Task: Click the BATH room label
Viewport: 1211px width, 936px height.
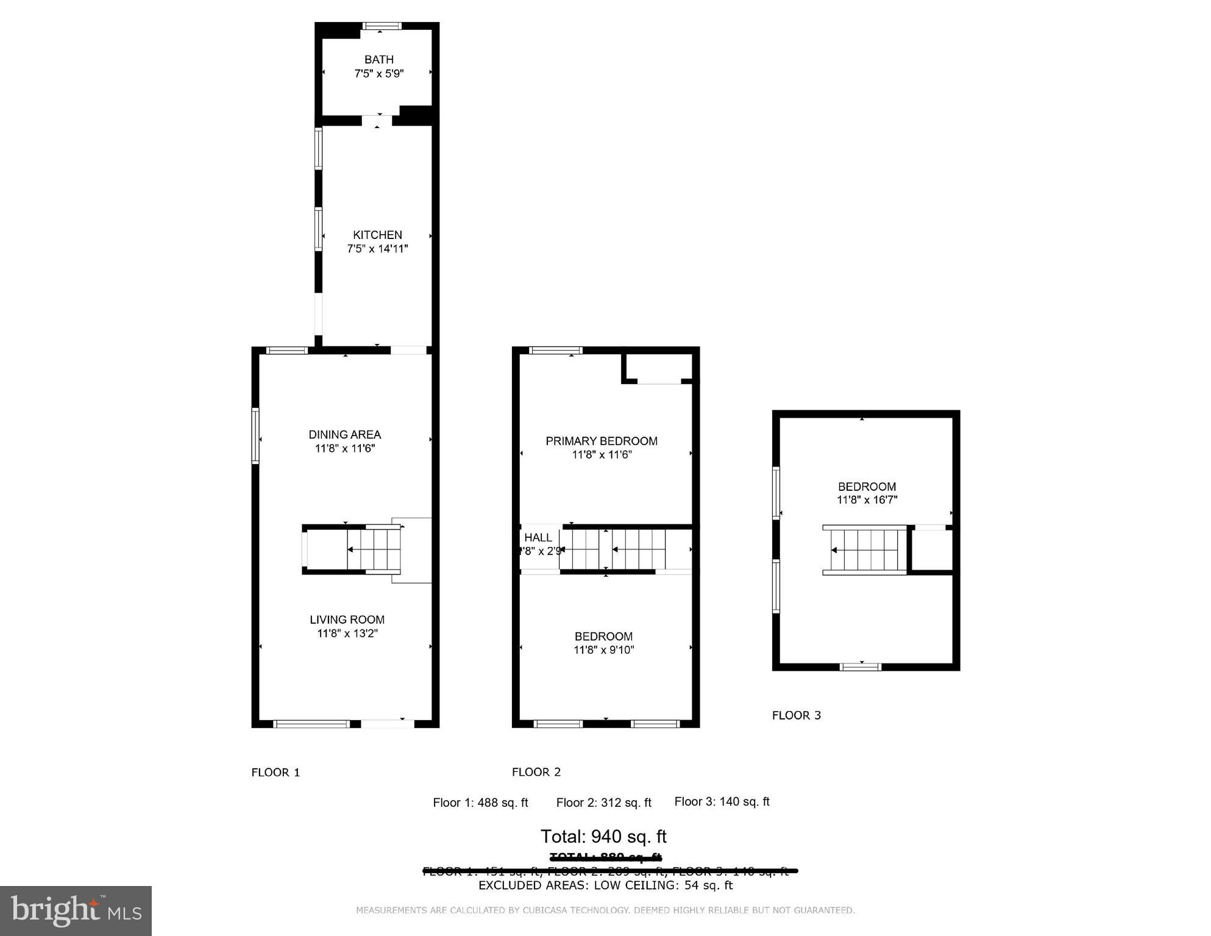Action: click(x=378, y=60)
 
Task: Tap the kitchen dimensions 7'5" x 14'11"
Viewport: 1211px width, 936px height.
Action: click(x=377, y=249)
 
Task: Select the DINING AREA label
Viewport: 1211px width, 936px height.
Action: click(x=344, y=435)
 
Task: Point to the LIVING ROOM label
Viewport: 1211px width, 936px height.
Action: click(x=347, y=620)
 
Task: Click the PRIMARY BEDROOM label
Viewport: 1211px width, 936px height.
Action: click(x=601, y=441)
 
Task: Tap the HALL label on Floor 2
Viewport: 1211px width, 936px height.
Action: click(x=538, y=538)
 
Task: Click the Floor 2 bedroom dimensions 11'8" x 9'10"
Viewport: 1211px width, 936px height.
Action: click(x=603, y=650)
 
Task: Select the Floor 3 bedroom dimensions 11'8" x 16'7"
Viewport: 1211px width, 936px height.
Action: click(x=866, y=500)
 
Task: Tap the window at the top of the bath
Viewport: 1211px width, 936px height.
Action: click(x=382, y=26)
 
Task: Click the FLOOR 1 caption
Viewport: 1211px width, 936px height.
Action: click(x=275, y=773)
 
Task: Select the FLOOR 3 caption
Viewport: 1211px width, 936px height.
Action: click(x=796, y=715)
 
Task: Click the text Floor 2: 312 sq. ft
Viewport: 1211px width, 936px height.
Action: click(x=603, y=802)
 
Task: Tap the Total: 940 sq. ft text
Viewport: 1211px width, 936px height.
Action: click(x=603, y=836)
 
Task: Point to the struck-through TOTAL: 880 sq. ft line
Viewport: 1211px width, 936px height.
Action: click(x=605, y=857)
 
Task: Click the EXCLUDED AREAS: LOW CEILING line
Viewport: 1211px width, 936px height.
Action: click(x=605, y=885)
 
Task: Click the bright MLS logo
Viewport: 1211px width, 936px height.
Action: click(x=76, y=910)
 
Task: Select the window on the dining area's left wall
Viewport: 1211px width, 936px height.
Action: click(x=255, y=435)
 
